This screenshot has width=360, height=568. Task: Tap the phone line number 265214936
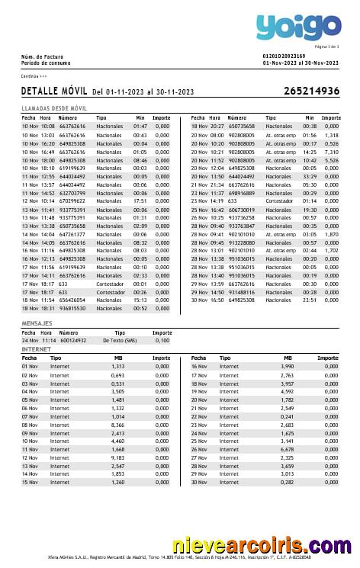click(311, 91)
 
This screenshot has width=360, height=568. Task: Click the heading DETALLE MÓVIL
click(54, 91)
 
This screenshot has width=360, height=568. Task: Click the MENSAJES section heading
click(37, 324)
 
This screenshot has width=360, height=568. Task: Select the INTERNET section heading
click(36, 349)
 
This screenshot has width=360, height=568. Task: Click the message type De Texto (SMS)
click(120, 340)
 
